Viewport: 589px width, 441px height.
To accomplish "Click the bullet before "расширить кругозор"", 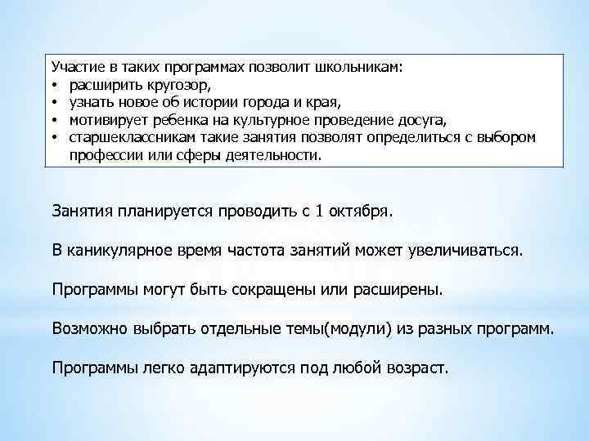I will tap(55, 85).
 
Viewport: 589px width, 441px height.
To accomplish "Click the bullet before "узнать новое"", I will tap(55, 103).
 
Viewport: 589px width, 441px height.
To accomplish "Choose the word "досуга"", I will tap(420, 120).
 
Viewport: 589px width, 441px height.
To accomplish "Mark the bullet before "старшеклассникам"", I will tap(55, 138).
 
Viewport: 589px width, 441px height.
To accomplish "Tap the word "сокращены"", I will tap(268, 289).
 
